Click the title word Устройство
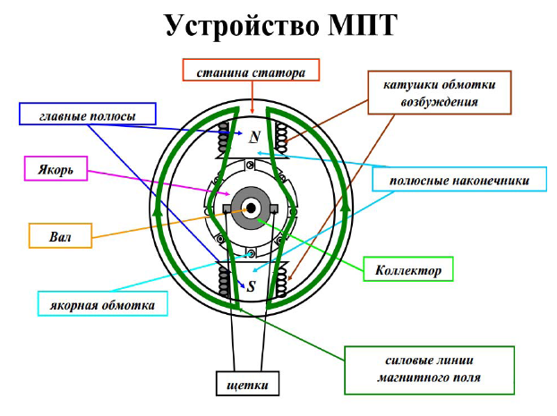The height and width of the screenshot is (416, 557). click(x=242, y=26)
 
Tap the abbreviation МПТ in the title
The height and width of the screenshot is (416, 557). click(x=362, y=25)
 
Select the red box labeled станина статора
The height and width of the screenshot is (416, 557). click(x=251, y=70)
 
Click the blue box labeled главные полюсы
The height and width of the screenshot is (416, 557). click(x=88, y=114)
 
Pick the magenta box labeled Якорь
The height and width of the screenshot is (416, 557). click(x=56, y=168)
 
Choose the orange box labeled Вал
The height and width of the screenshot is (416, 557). click(x=60, y=235)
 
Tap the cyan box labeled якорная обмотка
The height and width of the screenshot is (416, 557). click(x=103, y=304)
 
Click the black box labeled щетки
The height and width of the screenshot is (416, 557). click(x=247, y=384)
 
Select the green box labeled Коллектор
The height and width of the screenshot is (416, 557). click(x=408, y=269)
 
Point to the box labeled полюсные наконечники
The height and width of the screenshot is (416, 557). click(x=459, y=179)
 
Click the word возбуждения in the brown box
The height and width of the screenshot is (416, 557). click(x=440, y=102)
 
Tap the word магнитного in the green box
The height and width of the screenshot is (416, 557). click(x=405, y=377)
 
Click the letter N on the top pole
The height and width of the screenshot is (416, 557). click(x=254, y=136)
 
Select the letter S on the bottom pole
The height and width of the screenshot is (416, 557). click(x=251, y=285)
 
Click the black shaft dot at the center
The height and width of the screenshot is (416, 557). click(x=251, y=208)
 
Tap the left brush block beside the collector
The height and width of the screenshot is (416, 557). click(x=227, y=209)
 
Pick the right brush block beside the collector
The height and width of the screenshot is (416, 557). click(x=274, y=209)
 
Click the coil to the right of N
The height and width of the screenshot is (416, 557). click(x=282, y=138)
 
